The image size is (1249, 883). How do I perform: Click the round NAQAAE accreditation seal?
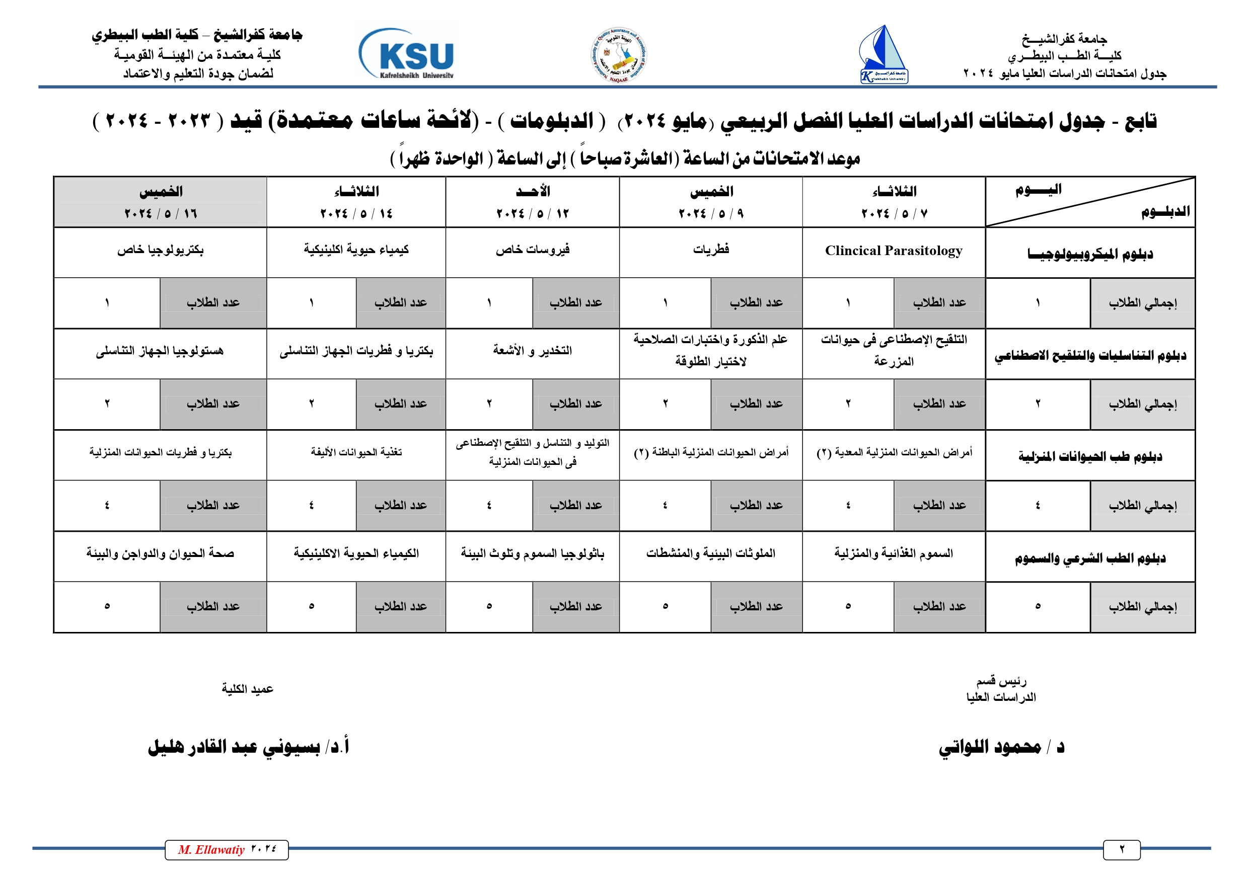point(619,55)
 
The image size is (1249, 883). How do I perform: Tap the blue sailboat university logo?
point(884,54)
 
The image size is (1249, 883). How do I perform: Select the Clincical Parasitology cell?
point(893,251)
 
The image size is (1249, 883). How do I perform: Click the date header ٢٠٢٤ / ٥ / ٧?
point(894,213)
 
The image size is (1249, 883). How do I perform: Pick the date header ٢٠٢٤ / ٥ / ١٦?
point(161,213)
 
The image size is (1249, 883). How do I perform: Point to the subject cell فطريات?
point(710,250)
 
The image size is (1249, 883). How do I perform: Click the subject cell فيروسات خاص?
point(533,250)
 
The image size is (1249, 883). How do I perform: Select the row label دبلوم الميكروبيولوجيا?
point(1090,254)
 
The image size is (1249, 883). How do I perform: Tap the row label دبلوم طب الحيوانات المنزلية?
point(1090,456)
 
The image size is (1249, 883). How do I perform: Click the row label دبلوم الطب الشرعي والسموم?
point(1090,558)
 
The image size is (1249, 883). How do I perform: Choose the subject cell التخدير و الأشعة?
point(533,351)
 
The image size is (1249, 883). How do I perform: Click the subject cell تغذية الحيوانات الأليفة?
point(356,452)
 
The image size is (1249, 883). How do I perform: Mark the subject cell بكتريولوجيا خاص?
point(161,250)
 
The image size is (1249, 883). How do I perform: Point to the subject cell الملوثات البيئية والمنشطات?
point(710,553)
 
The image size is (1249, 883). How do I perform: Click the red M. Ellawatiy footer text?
point(211,850)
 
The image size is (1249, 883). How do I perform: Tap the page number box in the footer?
point(1122,850)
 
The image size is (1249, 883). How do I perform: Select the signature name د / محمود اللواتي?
point(1001,747)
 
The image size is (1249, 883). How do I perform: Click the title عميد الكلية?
point(248,689)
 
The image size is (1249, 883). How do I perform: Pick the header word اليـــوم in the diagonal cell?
point(1038,189)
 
